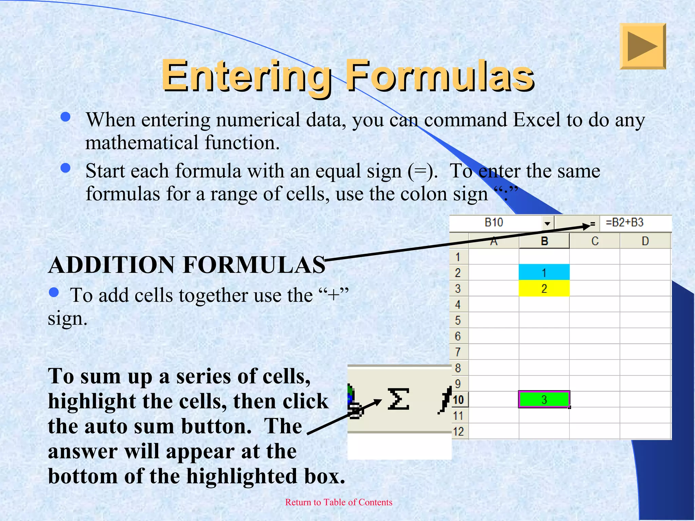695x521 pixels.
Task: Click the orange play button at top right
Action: coord(642,46)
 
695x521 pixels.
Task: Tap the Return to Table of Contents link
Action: coord(338,502)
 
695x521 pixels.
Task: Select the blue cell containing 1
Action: coord(544,272)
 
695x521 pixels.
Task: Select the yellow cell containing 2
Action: coord(544,289)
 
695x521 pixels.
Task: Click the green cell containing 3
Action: coord(544,399)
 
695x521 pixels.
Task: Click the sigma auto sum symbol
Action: coord(398,399)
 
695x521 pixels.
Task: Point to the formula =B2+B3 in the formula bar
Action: coord(624,223)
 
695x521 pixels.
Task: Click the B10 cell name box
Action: coord(494,223)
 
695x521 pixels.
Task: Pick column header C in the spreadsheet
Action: coord(595,241)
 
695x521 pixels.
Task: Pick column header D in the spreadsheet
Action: coord(645,241)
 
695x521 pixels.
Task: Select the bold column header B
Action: coord(544,241)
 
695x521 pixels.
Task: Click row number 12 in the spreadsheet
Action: coord(458,431)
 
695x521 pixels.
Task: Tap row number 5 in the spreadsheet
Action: coord(458,320)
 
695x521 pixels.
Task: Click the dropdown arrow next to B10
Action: coord(547,223)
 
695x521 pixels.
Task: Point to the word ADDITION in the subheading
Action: coord(112,265)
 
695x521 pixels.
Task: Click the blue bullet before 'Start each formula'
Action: coord(65,168)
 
